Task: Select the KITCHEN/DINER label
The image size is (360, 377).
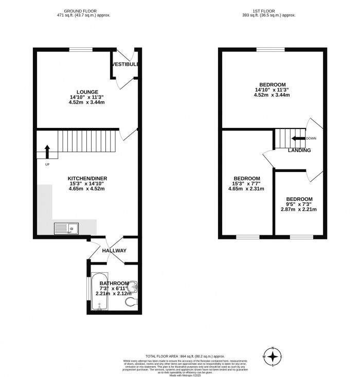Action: [x=87, y=178]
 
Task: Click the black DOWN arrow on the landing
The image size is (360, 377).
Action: [x=298, y=139]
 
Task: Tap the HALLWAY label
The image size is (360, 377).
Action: [x=114, y=251]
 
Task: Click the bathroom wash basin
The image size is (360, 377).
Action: [x=134, y=286]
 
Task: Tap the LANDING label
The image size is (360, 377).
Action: [x=299, y=150]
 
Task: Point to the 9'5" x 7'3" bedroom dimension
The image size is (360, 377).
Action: [x=299, y=204]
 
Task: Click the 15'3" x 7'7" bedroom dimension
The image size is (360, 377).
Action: [x=245, y=183]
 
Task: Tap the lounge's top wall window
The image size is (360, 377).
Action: [x=81, y=49]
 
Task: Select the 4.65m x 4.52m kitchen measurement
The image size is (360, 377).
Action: [x=87, y=189]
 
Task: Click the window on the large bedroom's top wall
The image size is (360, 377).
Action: [x=272, y=49]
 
